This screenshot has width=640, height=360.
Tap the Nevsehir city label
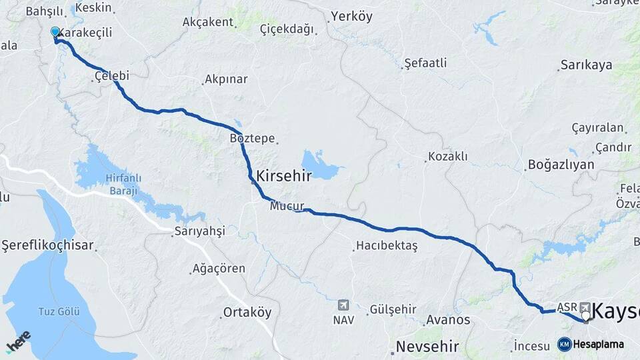pyautogui.click(x=428, y=347)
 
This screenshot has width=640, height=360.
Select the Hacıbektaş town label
pyautogui.click(x=387, y=246)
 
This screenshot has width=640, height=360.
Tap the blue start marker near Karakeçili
pyautogui.click(x=55, y=32)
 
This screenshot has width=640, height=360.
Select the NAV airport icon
pyautogui.click(x=343, y=305)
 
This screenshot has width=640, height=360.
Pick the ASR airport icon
pyautogui.click(x=585, y=307)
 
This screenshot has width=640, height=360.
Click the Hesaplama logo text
pyautogui.click(x=598, y=344)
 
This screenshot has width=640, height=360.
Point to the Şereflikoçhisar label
pyautogui.click(x=48, y=245)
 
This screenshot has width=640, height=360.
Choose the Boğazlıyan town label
pyautogui.click(x=561, y=165)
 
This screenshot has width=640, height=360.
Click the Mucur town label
pyautogui.click(x=287, y=207)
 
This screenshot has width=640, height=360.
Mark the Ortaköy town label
pyautogui.click(x=247, y=313)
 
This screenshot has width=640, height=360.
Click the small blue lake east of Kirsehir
pyautogui.click(x=321, y=165)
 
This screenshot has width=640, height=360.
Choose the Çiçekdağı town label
pyautogui.click(x=287, y=29)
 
